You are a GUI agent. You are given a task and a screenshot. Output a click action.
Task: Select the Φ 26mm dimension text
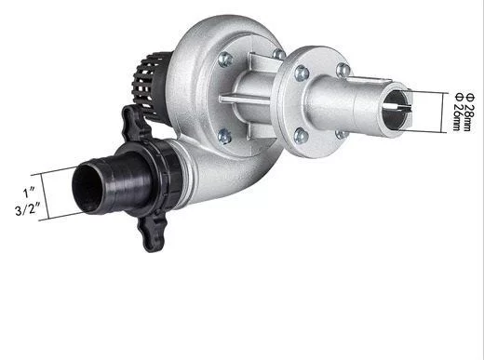click(458, 112)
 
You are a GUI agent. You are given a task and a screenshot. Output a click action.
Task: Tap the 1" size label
click(29, 193)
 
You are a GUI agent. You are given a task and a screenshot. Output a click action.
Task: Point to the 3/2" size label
click(28, 209)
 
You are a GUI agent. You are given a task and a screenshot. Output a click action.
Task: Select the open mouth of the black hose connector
click(87, 190)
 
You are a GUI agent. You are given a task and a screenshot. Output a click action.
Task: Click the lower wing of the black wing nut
click(152, 233)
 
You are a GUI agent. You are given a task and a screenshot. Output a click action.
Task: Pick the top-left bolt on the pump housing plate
click(225, 59)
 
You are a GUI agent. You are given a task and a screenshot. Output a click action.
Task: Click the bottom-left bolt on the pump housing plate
click(224, 137)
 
